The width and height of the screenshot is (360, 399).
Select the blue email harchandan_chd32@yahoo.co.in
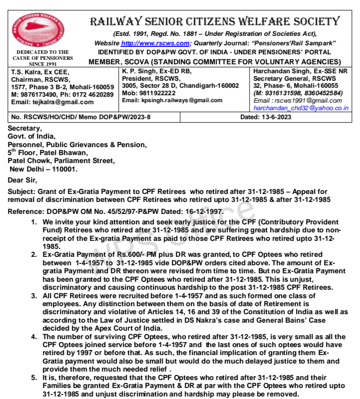[x=301, y=108]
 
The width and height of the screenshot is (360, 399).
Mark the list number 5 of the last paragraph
[x=34, y=378]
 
